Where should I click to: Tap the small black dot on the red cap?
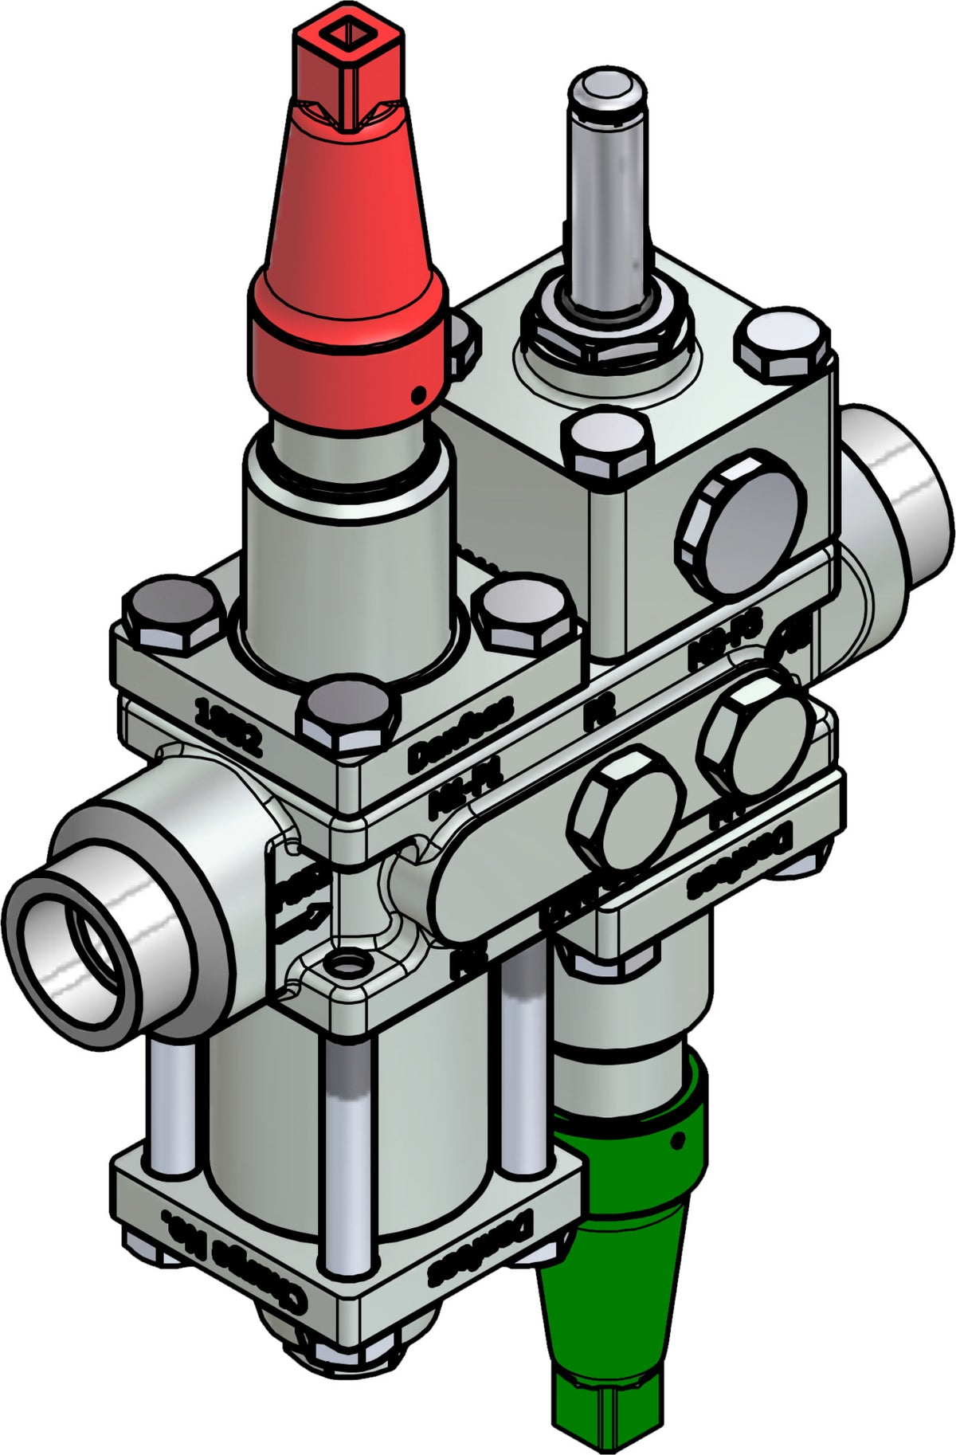416,394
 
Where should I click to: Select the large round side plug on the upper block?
740,523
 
